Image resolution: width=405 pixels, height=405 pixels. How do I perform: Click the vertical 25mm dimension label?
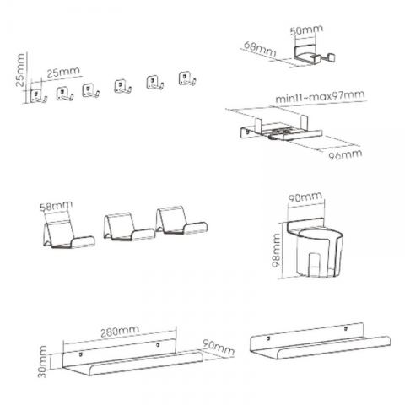coord(20,70)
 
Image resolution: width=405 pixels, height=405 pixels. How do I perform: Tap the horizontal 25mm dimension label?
coord(63,73)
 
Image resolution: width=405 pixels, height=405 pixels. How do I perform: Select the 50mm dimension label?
coord(306,30)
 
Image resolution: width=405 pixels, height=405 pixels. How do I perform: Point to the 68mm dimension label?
coord(260,49)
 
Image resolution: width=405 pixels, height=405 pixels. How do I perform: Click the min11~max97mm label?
coord(320,96)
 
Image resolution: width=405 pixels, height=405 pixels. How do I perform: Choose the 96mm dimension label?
coord(345,154)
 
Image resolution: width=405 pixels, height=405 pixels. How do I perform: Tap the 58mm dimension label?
coord(57,207)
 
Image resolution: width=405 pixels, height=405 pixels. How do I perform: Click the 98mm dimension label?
coord(276,251)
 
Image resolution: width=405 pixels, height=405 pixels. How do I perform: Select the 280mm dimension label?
coord(120,332)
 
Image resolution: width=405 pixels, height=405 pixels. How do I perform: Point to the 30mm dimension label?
coord(42,362)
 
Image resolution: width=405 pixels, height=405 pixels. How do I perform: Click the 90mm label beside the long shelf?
coord(219,348)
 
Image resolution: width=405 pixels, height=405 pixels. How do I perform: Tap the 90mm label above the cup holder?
coord(305,197)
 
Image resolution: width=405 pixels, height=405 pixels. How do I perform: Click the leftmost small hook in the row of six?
coord(39,96)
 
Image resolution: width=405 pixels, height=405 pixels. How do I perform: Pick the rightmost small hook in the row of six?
coord(187,78)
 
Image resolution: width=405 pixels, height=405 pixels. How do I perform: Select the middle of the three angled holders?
coord(129,227)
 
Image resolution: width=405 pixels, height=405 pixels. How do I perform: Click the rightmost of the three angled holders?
coord(181,220)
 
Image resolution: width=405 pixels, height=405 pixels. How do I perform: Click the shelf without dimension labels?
coord(320,341)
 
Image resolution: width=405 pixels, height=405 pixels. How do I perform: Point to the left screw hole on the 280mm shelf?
coord(81,354)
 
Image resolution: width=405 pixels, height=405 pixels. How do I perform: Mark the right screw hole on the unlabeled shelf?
coord(346,328)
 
